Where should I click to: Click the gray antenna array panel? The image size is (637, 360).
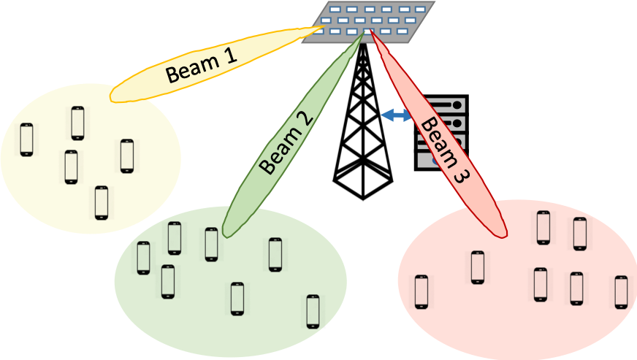(x=369, y=21)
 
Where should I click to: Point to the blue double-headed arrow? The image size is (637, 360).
(x=397, y=115)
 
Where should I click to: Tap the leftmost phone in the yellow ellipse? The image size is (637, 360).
(x=27, y=139)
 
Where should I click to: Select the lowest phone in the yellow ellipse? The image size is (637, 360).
(x=102, y=202)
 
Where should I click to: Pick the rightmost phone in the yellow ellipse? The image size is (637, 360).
(x=127, y=156)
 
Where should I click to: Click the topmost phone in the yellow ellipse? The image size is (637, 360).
(x=78, y=123)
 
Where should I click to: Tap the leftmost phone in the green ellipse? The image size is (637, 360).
(x=143, y=258)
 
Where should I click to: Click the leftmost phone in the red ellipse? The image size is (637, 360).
(x=422, y=292)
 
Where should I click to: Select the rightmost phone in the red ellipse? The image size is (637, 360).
(x=621, y=292)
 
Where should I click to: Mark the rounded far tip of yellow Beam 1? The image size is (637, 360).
(x=113, y=96)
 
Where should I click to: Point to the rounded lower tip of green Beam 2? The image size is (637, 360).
(x=226, y=232)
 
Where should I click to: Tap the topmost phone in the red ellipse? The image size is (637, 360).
(x=543, y=227)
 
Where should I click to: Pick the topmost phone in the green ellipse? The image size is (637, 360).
(x=175, y=238)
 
